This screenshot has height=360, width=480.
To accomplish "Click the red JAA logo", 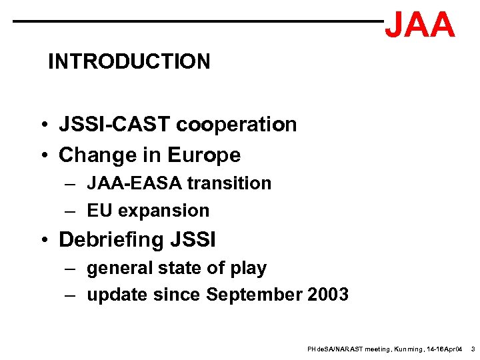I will (x=420, y=25).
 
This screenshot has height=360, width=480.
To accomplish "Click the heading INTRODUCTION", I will (x=129, y=62).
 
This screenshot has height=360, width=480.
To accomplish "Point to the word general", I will (x=117, y=268).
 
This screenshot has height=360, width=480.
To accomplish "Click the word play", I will (x=247, y=268).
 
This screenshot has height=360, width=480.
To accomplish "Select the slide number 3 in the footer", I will (x=473, y=349).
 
